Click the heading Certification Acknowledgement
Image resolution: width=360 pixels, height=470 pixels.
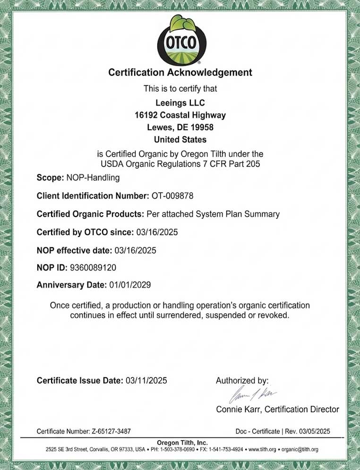[180, 72]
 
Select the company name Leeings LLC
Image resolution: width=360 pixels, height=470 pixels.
[180, 102]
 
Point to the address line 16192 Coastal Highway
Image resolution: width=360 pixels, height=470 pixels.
[180, 115]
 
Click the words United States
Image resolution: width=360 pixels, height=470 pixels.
[180, 139]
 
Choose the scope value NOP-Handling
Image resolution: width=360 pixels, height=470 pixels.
[93, 178]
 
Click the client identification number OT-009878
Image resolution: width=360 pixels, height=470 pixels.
[172, 196]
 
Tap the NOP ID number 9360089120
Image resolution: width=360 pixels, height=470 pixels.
[93, 268]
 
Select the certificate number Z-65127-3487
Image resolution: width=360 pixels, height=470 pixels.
[111, 431]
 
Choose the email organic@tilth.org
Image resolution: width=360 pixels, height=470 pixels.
[300, 449]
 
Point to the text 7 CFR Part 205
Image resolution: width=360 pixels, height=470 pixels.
[230, 164]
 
